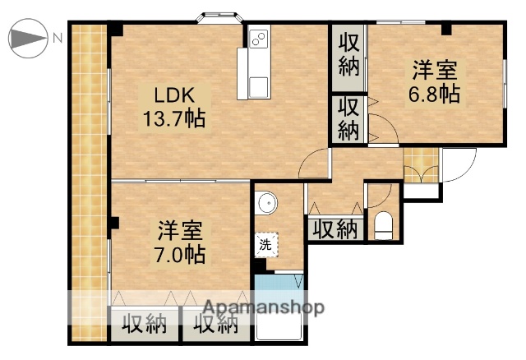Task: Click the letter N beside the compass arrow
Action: coord(58,37)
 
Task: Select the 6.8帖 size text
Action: coord(435,94)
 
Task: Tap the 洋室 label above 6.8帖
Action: coord(434,69)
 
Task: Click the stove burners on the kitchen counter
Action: coord(258,38)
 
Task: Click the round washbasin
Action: coord(265,202)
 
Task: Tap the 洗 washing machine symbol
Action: coord(265,243)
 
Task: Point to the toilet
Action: coord(384,224)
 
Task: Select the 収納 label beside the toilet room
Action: coord(335,228)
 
